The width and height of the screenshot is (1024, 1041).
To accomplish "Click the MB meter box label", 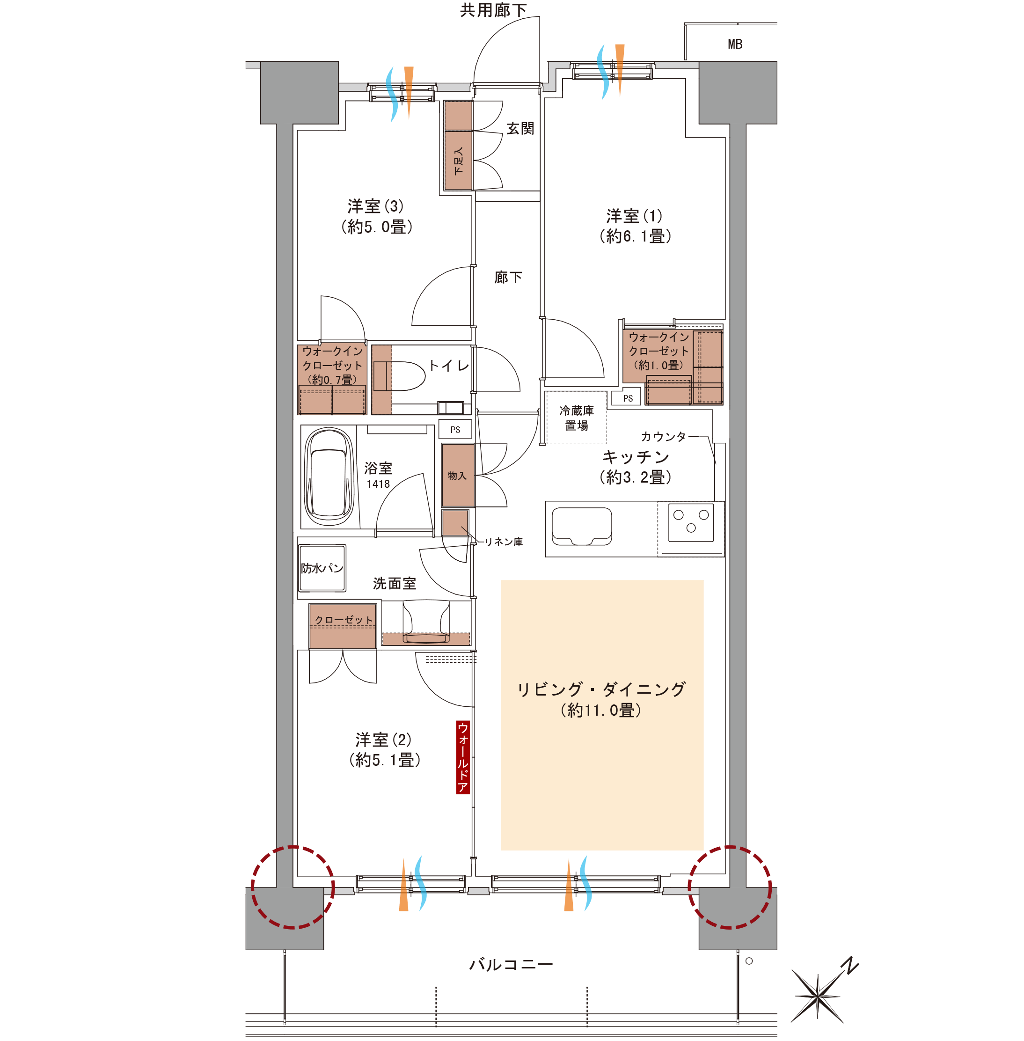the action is click(735, 44).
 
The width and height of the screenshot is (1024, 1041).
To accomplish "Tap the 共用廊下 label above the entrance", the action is click(493, 10).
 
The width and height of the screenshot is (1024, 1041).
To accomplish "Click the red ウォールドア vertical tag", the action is click(462, 757).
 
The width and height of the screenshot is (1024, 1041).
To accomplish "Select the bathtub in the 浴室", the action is click(329, 476).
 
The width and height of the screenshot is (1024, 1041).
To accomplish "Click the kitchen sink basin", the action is click(582, 526).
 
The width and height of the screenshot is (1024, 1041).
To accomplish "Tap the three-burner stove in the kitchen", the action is click(691, 521).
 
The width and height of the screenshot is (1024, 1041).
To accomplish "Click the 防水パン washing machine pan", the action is click(322, 568).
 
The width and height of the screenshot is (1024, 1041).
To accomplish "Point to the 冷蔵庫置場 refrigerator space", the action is click(577, 418).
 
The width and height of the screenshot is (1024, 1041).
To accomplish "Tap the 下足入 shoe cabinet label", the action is click(458, 161).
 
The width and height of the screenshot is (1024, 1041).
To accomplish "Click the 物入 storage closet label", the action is click(457, 476).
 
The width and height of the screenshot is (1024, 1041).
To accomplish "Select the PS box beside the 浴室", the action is click(455, 429).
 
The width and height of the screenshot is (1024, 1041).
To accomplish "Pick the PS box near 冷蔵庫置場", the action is click(628, 398).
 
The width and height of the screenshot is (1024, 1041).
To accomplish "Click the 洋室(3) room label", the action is click(376, 216).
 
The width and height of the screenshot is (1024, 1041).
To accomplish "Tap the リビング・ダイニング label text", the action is click(601, 689).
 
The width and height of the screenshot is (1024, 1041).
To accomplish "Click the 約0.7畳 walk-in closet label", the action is click(332, 379).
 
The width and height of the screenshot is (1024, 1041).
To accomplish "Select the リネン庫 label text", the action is click(504, 542).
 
